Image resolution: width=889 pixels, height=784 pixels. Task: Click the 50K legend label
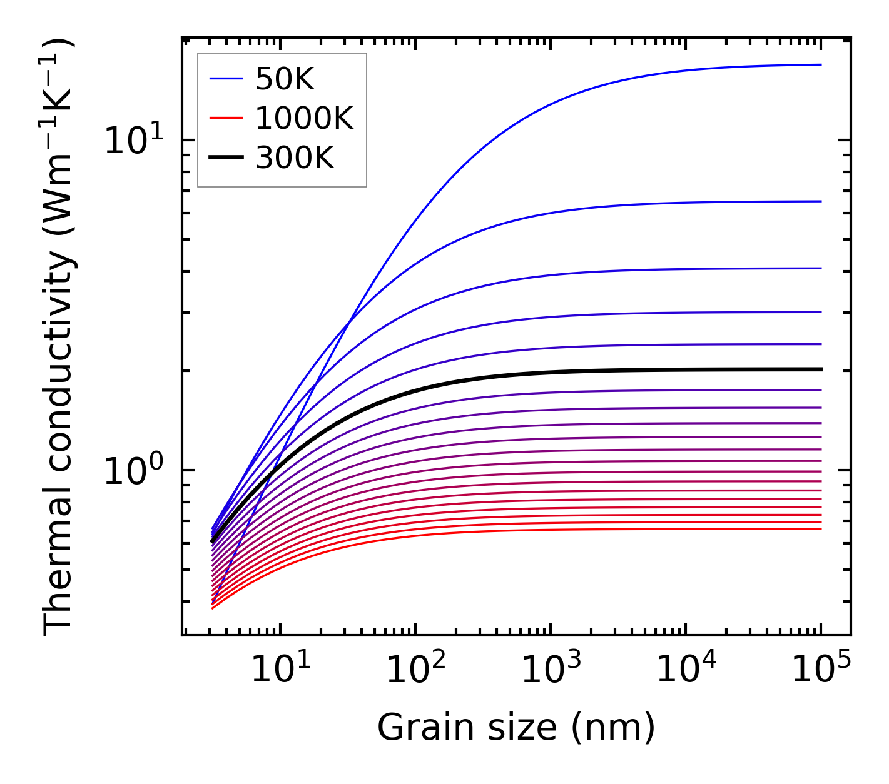click(284, 79)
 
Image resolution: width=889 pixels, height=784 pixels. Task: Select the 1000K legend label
click(304, 118)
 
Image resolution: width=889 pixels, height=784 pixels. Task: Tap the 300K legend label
click(295, 158)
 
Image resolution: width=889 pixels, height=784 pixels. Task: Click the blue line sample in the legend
click(225, 79)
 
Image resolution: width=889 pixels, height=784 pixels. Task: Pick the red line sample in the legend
click(225, 118)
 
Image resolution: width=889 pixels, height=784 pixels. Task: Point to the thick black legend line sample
click(225, 158)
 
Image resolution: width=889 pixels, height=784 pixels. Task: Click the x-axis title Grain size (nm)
click(516, 728)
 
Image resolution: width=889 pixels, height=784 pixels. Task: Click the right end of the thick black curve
click(820, 369)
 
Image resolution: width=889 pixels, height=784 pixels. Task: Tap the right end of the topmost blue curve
click(820, 64)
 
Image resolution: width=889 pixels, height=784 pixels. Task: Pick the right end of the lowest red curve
click(820, 529)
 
